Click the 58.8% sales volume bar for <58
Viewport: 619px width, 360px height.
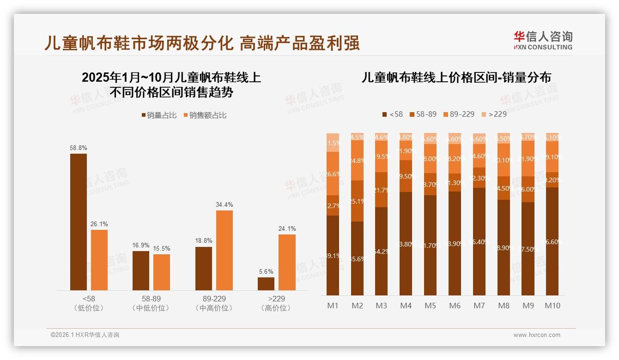79,222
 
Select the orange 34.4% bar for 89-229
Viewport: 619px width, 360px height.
225,250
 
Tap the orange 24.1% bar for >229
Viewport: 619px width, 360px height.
287,262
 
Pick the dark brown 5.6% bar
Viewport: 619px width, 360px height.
266,283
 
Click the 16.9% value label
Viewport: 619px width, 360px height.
141,246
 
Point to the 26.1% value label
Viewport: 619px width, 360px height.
99,224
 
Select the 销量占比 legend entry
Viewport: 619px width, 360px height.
159,115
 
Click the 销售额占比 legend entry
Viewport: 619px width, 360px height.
205,115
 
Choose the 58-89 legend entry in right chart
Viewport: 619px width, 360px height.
423,114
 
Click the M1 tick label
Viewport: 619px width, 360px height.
333,306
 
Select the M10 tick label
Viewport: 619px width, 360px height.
552,306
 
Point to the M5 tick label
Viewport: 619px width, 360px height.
430,306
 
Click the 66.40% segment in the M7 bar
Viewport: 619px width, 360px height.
479,241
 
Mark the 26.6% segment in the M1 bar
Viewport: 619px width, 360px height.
333,174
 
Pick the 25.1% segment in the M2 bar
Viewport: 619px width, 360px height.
357,201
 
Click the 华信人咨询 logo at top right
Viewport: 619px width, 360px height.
543,40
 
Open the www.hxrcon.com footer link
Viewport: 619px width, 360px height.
536,335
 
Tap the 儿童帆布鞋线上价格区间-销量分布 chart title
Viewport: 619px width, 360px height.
456,78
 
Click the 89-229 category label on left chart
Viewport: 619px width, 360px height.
214,303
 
